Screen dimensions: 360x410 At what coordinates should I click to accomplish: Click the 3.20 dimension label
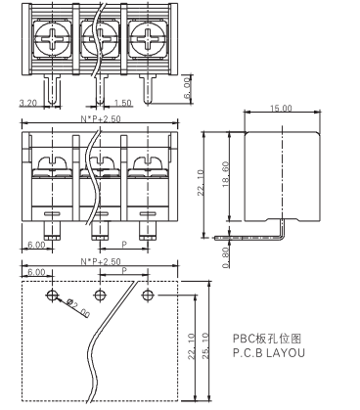point(28,103)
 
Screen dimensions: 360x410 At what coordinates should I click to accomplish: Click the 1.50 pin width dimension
point(123,103)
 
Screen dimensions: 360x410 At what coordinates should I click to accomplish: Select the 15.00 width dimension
point(281,108)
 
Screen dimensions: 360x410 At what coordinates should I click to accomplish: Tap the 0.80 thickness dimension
point(226,257)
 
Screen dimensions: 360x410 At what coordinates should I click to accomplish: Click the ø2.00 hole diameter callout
point(78,308)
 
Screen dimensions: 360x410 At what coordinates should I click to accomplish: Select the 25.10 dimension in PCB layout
point(205,346)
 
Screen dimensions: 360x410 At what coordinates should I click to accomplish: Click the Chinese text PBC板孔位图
point(267,339)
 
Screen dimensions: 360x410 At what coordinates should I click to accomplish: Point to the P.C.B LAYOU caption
point(269,353)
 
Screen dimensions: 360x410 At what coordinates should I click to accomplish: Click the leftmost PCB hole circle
point(52,296)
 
